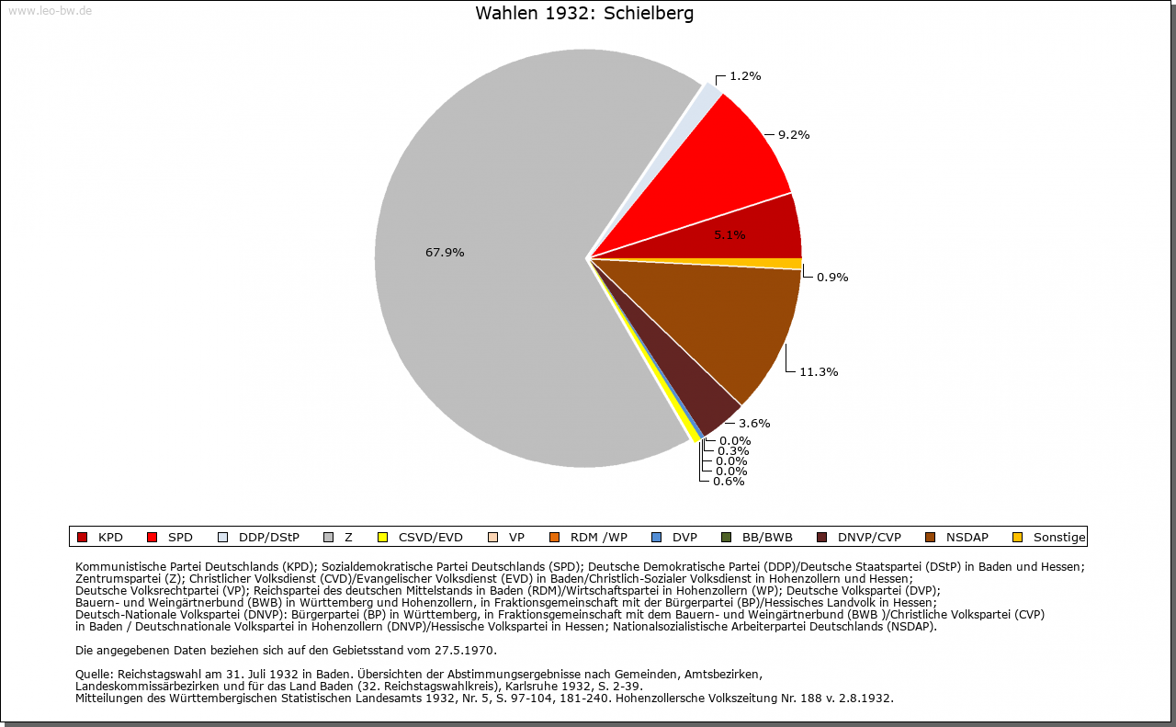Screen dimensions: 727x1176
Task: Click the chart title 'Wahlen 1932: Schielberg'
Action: pyautogui.click(x=584, y=14)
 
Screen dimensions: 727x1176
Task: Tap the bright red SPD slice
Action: pyautogui.click(x=735, y=156)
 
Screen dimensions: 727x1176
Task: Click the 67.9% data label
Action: pyautogui.click(x=445, y=253)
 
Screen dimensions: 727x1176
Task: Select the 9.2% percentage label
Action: pyautogui.click(x=794, y=135)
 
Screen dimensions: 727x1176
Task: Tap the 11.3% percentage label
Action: pyautogui.click(x=819, y=372)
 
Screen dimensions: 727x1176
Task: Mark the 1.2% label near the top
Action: pyautogui.click(x=745, y=76)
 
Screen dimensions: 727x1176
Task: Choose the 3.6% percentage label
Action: pyautogui.click(x=754, y=424)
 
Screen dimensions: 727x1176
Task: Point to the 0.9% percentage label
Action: pyautogui.click(x=832, y=278)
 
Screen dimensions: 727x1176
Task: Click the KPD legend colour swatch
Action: pyautogui.click(x=83, y=538)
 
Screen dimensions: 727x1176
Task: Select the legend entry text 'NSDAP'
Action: pyautogui.click(x=967, y=538)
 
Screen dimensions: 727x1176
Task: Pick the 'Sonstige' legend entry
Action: pyautogui.click(x=1059, y=538)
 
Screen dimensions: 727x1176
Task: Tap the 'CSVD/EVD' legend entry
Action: pyautogui.click(x=431, y=538)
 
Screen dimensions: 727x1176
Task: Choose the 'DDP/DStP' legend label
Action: pyautogui.click(x=269, y=538)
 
